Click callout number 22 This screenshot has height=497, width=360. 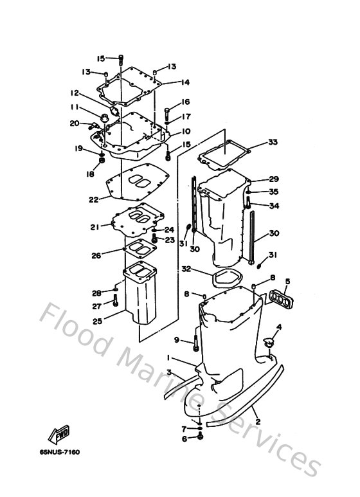click(x=94, y=199)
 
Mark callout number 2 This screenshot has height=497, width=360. click(x=257, y=422)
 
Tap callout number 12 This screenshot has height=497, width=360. click(x=75, y=93)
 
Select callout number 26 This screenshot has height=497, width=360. click(x=96, y=255)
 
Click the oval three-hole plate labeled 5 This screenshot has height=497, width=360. click(x=280, y=300)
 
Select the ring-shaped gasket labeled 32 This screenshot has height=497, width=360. click(x=222, y=277)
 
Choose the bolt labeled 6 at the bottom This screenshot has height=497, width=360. click(x=201, y=437)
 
